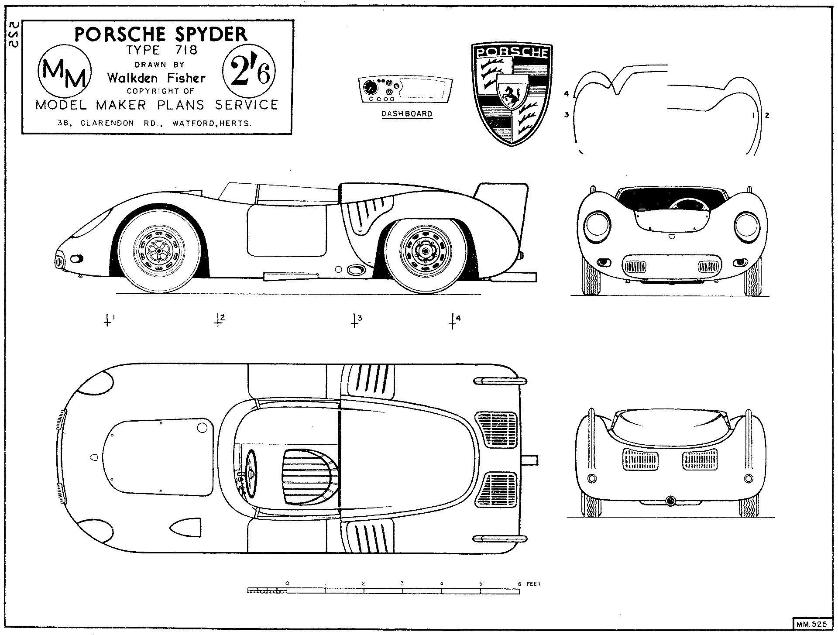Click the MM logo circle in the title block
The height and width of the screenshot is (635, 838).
tap(65, 73)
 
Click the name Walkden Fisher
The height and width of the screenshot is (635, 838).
tap(156, 78)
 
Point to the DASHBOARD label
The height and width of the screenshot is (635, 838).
tap(407, 114)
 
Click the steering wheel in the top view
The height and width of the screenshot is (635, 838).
tap(252, 474)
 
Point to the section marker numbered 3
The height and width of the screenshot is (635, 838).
tap(354, 321)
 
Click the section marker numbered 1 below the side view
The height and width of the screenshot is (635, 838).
tap(108, 321)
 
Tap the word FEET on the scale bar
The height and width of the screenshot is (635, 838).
tap(533, 584)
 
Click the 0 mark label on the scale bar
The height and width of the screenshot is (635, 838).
tap(287, 583)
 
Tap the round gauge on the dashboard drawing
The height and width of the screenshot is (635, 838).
tap(370, 89)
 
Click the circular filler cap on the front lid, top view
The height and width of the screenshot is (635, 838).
tap(202, 428)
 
